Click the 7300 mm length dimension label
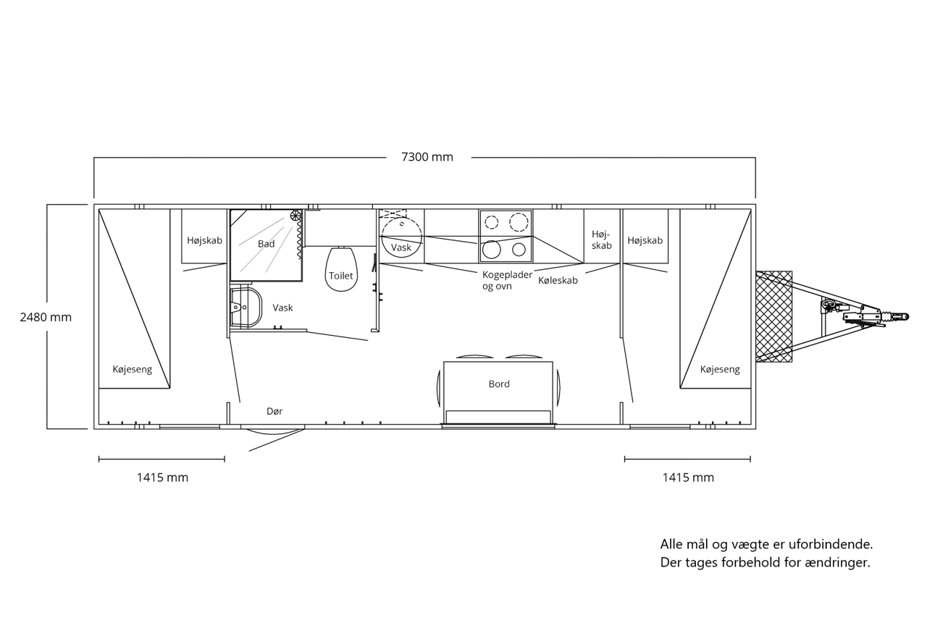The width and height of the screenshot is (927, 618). (427, 157)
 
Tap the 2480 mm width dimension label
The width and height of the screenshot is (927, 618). (46, 317)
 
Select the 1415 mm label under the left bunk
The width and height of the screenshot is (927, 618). (162, 478)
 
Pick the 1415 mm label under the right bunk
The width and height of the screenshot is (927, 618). (688, 478)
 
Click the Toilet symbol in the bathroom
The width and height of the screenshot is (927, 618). (341, 269)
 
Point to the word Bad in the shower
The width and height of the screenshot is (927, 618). (266, 244)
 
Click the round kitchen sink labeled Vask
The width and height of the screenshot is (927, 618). (401, 237)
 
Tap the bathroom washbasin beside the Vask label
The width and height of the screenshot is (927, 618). (246, 308)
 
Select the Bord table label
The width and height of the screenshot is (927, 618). (499, 384)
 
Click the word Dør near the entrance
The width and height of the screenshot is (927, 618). (274, 411)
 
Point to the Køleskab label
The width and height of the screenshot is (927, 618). (558, 281)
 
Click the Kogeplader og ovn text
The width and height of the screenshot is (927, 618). (507, 281)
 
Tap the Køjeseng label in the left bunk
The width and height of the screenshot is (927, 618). (133, 369)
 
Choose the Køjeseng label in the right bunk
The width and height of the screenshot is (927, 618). (720, 369)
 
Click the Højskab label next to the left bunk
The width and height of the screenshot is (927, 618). (204, 240)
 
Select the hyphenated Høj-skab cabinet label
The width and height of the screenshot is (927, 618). (601, 240)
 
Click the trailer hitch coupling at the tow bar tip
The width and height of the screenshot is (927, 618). (894, 318)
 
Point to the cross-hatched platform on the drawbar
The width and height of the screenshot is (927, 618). (774, 316)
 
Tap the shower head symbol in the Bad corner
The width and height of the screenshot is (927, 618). (295, 216)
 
